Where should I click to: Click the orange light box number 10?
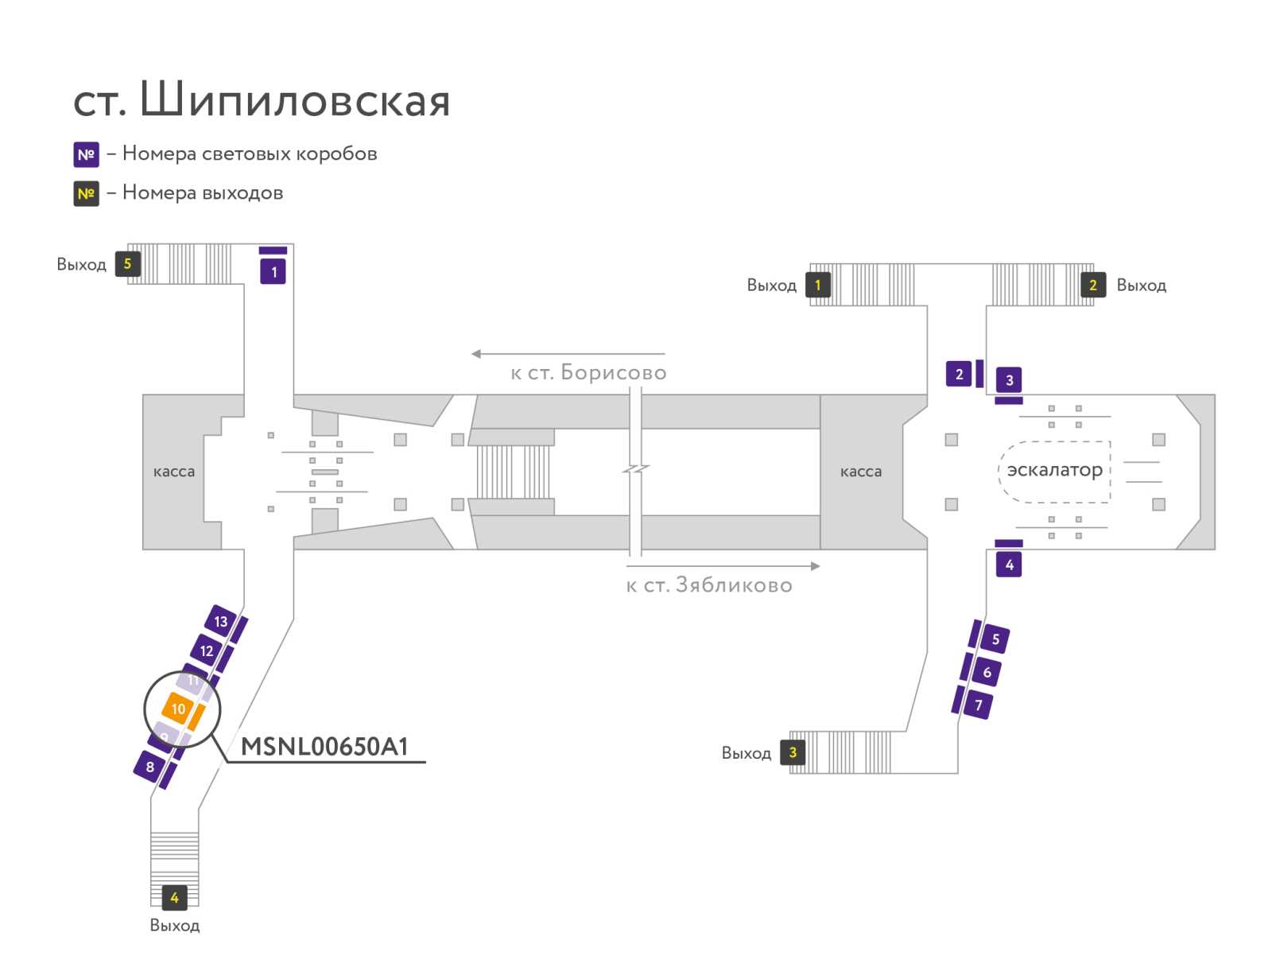pyautogui.click(x=177, y=708)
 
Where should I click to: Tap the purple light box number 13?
pyautogui.click(x=220, y=621)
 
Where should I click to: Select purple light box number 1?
pyautogui.click(x=273, y=272)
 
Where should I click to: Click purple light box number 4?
pyautogui.click(x=1008, y=565)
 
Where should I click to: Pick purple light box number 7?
pyautogui.click(x=978, y=705)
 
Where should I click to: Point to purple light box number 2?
pyautogui.click(x=959, y=374)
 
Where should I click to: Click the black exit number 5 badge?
pyautogui.click(x=127, y=264)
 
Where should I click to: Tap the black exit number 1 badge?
pyautogui.click(x=818, y=285)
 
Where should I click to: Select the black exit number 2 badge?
pyautogui.click(x=1093, y=285)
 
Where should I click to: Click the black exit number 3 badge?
pyautogui.click(x=792, y=752)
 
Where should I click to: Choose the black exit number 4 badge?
pyautogui.click(x=174, y=898)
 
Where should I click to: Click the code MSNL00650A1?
pyautogui.click(x=324, y=746)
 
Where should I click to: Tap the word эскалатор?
pyautogui.click(x=1054, y=469)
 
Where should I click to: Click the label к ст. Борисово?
pyautogui.click(x=588, y=372)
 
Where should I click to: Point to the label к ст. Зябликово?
pyautogui.click(x=708, y=584)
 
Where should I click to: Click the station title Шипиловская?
pyautogui.click(x=294, y=99)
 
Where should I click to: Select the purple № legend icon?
pyautogui.click(x=86, y=154)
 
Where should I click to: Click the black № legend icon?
pyautogui.click(x=86, y=193)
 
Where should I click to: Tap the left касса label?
pyautogui.click(x=174, y=472)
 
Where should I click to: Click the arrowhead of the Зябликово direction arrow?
pyautogui.click(x=816, y=565)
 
